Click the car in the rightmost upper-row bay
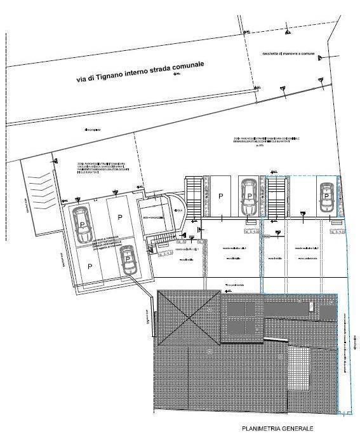[326, 198]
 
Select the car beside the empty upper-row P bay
[248, 196]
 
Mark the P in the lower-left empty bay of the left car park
[90, 266]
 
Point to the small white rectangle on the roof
[310, 307]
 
